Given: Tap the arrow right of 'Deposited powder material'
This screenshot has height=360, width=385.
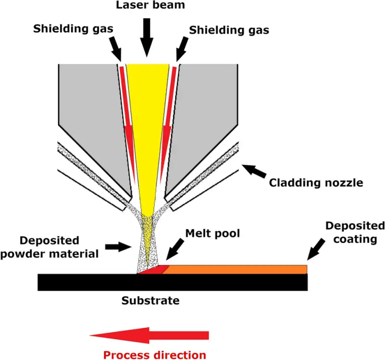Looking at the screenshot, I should (x=117, y=247).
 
